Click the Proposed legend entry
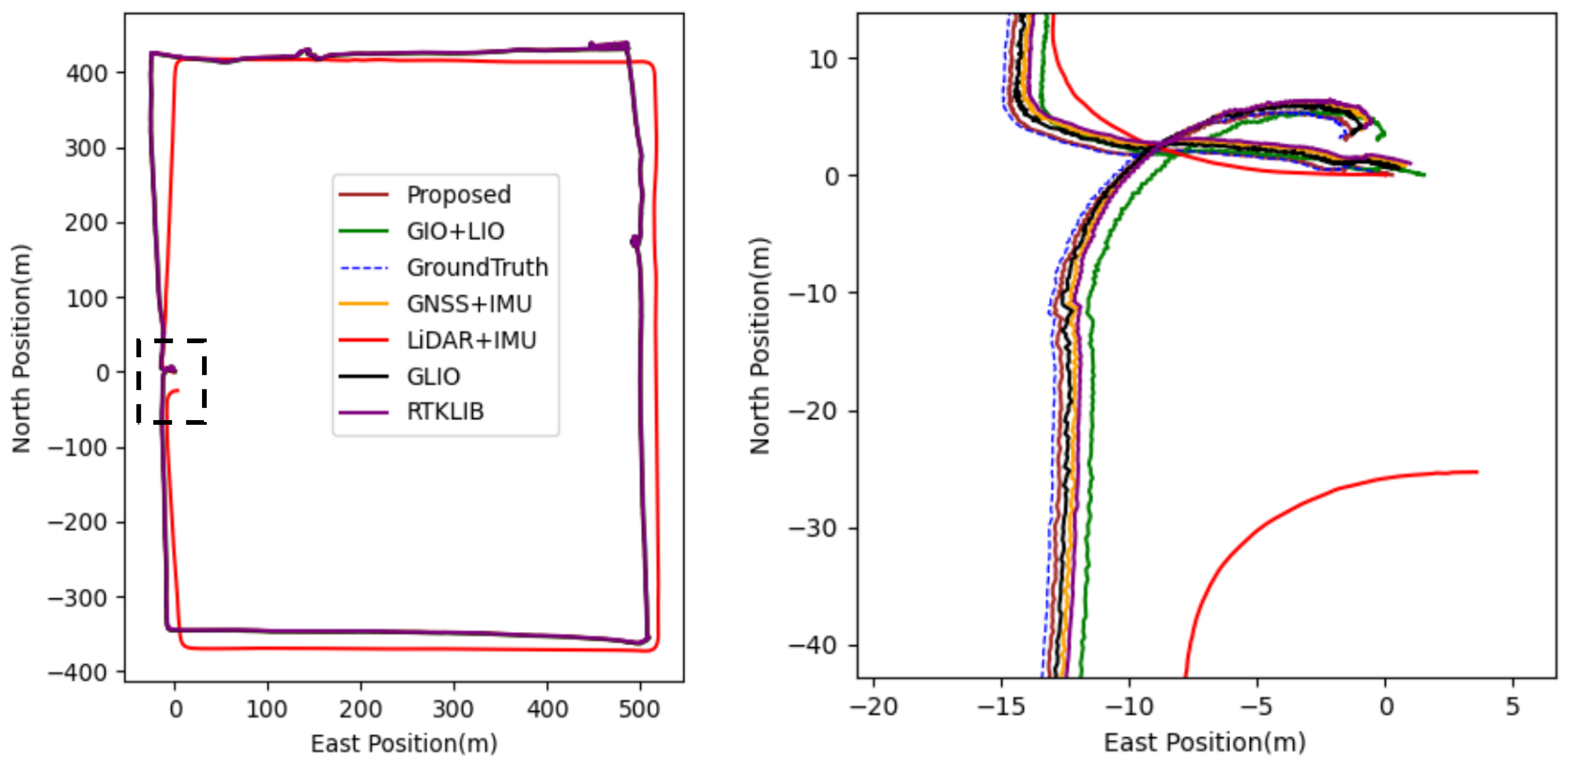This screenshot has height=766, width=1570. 458,195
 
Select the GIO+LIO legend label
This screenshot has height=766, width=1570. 455,231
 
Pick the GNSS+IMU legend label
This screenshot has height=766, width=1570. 469,303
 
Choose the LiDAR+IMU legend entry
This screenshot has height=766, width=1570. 471,340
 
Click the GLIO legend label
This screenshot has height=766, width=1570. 433,377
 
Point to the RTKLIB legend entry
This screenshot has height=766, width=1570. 445,412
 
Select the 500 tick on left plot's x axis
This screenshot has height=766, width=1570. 639,710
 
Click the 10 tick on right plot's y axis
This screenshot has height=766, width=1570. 823,60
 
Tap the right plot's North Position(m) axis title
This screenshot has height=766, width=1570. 760,345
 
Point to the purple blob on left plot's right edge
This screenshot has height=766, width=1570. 635,241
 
